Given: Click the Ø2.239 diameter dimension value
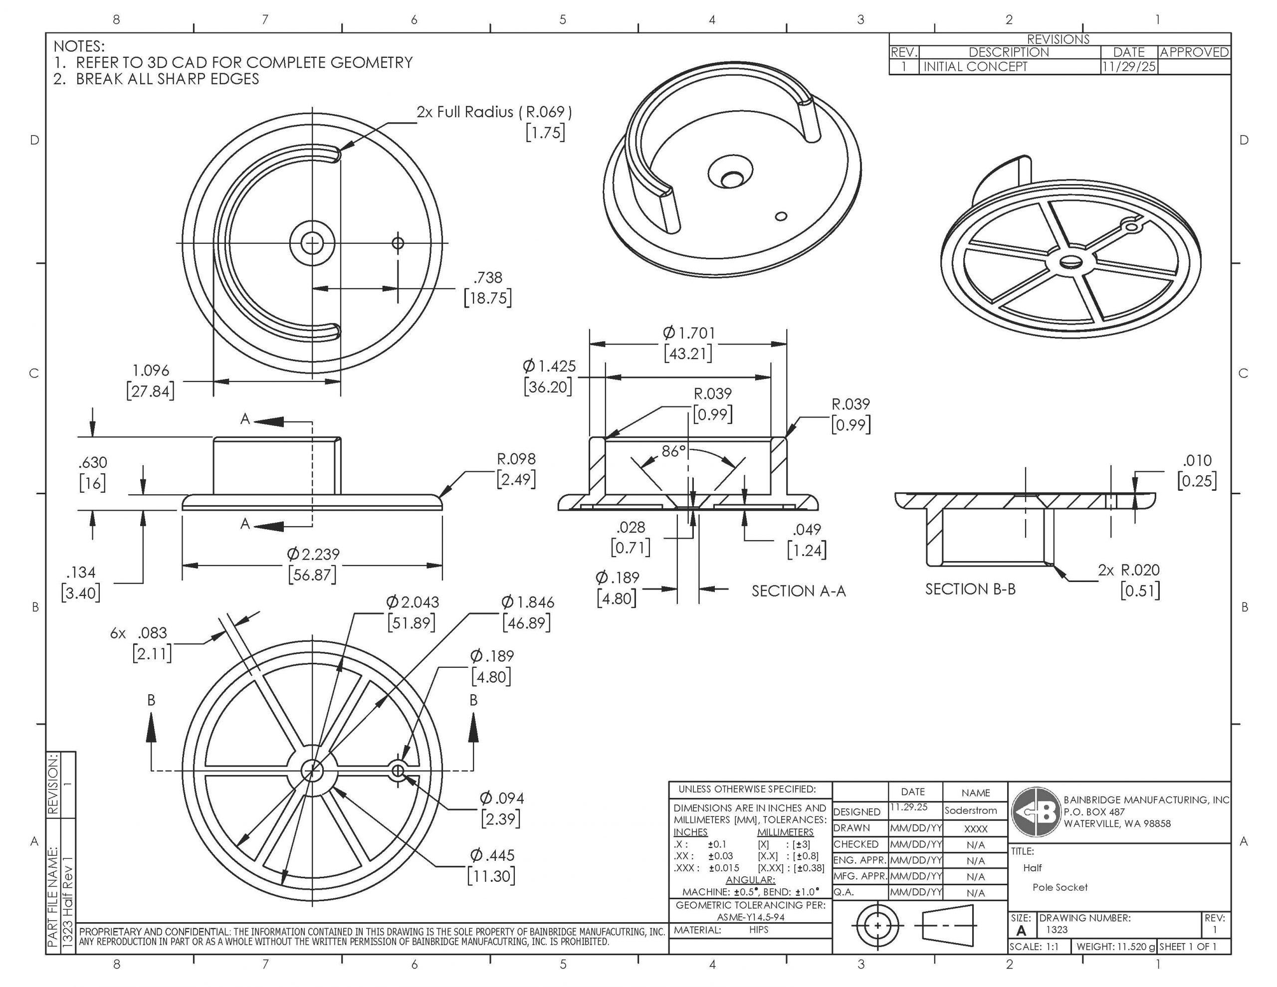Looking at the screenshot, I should pyautogui.click(x=313, y=554).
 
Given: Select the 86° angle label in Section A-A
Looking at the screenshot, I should pyautogui.click(x=673, y=451).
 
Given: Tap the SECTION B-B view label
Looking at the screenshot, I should pyautogui.click(x=970, y=590).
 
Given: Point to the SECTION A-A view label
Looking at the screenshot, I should pyautogui.click(x=798, y=591).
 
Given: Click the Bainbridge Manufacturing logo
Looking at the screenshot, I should pyautogui.click(x=1036, y=812).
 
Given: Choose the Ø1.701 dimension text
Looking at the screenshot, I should pyautogui.click(x=688, y=333).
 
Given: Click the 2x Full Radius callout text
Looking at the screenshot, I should pyautogui.click(x=493, y=112).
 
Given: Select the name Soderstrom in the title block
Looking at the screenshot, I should pyautogui.click(x=971, y=810).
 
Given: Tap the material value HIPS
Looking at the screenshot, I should pyautogui.click(x=758, y=930).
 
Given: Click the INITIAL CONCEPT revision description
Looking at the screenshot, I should pyautogui.click(x=975, y=67).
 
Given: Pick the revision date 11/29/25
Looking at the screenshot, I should pyautogui.click(x=1128, y=67).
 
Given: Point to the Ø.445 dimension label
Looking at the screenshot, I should pyautogui.click(x=492, y=855).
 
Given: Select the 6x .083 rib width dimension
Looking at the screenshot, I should pyautogui.click(x=139, y=633).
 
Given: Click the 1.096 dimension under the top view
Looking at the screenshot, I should pyautogui.click(x=150, y=371).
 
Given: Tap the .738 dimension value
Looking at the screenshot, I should pyautogui.click(x=488, y=278).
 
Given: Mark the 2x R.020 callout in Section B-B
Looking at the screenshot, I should pyautogui.click(x=1128, y=570).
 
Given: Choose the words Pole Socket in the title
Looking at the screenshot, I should pyautogui.click(x=1060, y=887).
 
